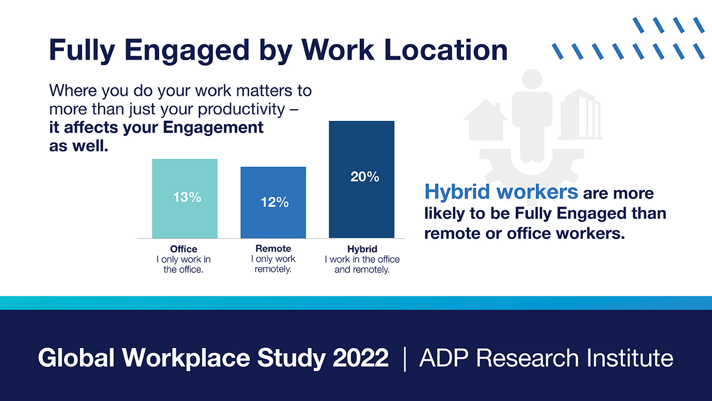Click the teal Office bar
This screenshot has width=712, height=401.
click(185, 199)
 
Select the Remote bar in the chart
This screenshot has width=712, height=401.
click(273, 202)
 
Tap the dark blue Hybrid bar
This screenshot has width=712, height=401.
click(362, 179)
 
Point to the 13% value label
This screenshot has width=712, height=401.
click(187, 197)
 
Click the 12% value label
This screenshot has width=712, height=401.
click(275, 202)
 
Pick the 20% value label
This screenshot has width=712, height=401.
click(365, 177)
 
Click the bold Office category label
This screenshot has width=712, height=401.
click(184, 249)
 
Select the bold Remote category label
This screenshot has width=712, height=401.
click(273, 248)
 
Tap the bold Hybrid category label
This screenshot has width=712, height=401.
click(362, 249)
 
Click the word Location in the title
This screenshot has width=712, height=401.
click(446, 50)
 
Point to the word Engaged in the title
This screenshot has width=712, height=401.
click(187, 51)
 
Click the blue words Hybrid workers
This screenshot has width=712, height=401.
click(501, 192)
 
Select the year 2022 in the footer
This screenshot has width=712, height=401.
click(360, 358)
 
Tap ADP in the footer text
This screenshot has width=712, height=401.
click(444, 358)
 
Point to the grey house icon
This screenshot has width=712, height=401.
click(486, 120)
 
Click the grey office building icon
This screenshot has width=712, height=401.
click(580, 114)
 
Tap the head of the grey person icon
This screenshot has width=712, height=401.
click(532, 79)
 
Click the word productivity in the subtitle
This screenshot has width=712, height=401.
click(241, 110)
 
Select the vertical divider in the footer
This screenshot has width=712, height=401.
click(404, 359)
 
